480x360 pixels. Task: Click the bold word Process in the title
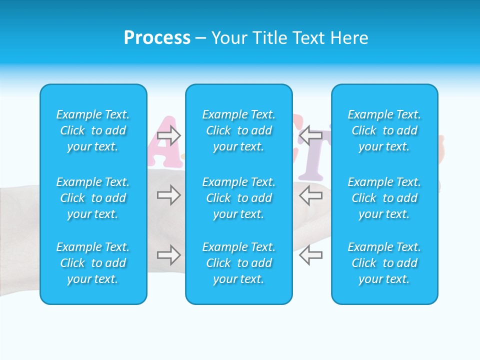pyautogui.click(x=157, y=38)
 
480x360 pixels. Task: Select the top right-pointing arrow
pyautogui.click(x=169, y=135)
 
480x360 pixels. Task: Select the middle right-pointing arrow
pyautogui.click(x=169, y=195)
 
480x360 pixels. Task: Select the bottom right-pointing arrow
pyautogui.click(x=169, y=255)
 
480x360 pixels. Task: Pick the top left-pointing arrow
pyautogui.click(x=311, y=135)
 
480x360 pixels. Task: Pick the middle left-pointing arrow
pyautogui.click(x=311, y=195)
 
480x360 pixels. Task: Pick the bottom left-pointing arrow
pyautogui.click(x=311, y=255)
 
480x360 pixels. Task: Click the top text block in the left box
pyautogui.click(x=93, y=130)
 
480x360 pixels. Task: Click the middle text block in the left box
pyautogui.click(x=93, y=198)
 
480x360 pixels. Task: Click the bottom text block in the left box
pyautogui.click(x=93, y=263)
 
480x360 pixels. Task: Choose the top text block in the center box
pyautogui.click(x=239, y=130)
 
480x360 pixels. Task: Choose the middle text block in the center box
pyautogui.click(x=239, y=198)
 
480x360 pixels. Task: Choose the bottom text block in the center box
pyautogui.click(x=239, y=263)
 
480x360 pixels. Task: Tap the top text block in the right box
pyautogui.click(x=384, y=130)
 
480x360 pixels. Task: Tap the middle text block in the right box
pyautogui.click(x=384, y=198)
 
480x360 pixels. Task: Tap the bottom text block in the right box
pyautogui.click(x=384, y=263)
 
